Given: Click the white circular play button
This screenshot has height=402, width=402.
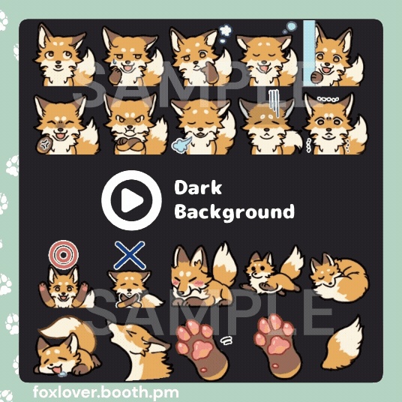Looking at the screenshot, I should [x=131, y=200].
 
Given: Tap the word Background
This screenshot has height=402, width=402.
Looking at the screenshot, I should [x=234, y=211].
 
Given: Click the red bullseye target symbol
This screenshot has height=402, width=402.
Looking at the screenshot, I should [x=63, y=254].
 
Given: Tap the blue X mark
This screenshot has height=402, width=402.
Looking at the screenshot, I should [x=130, y=255].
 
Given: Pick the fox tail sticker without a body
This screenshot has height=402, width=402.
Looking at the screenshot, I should [x=344, y=344].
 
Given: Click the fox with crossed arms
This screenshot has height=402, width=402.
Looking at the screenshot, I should [x=130, y=124].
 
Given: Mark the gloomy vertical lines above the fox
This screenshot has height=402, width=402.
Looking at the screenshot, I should [x=272, y=100].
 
